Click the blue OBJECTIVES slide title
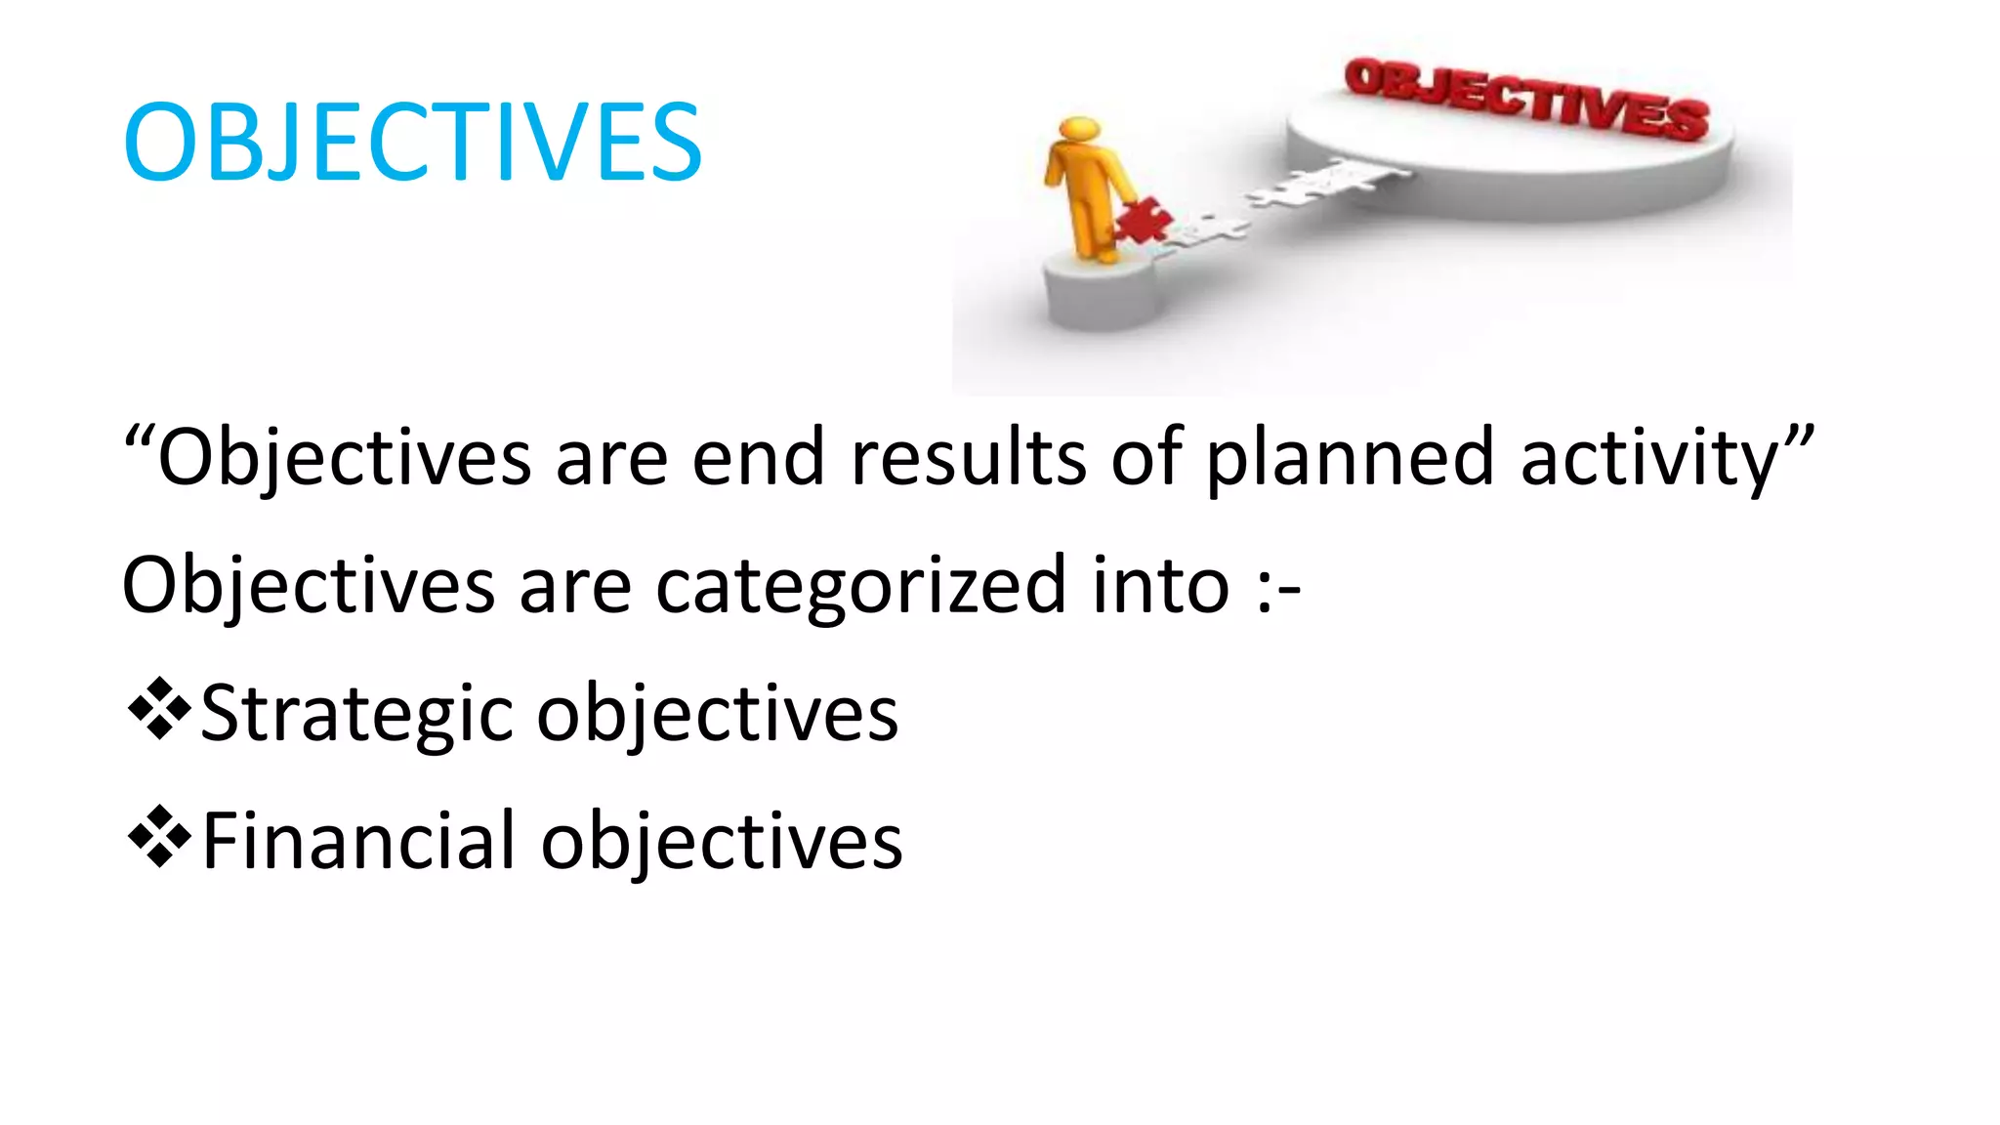[x=412, y=143]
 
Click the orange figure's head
[x=1080, y=131]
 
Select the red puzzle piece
[x=1144, y=221]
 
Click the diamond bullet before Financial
[x=158, y=838]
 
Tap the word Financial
[x=358, y=842]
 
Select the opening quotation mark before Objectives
[x=139, y=437]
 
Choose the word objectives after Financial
[x=722, y=842]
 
